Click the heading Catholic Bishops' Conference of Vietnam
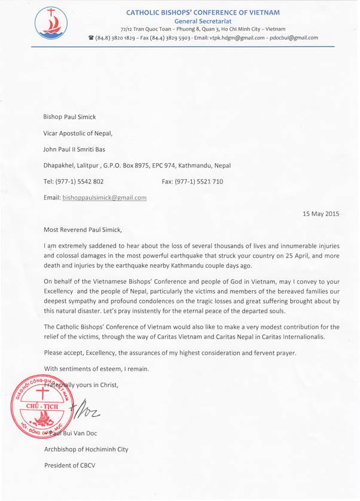click(x=203, y=12)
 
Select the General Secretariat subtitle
click(x=203, y=20)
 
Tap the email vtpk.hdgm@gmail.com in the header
click(x=241, y=38)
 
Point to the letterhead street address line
click(x=203, y=29)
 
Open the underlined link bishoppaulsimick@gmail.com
click(x=105, y=197)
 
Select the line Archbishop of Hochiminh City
click(x=87, y=449)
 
